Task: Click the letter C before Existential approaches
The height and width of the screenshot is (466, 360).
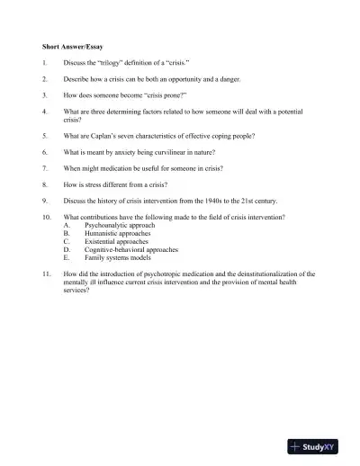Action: (x=67, y=241)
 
